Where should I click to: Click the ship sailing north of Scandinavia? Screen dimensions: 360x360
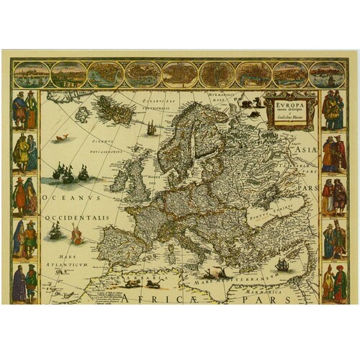tap(152, 128)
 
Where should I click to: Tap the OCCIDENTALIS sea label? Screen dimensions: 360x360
tap(76, 216)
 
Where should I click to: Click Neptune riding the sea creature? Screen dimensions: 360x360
tap(76, 233)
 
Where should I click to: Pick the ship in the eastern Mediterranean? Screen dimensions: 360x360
tap(283, 264)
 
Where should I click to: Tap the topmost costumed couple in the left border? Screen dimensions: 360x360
tap(24, 109)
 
